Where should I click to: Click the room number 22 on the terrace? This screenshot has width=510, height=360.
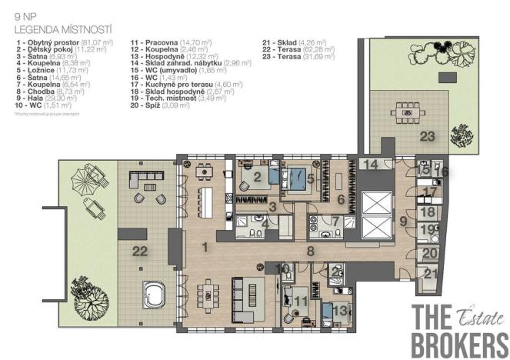(139, 251)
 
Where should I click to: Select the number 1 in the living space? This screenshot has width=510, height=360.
(205, 247)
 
